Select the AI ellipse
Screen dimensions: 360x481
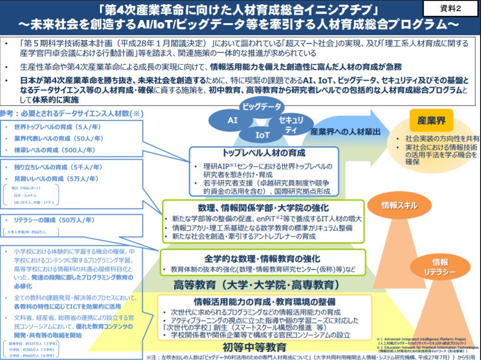pyautogui.click(x=232, y=120)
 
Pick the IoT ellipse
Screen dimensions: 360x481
pyautogui.click(x=262, y=135)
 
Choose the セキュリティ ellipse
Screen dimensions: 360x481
pyautogui.click(x=291, y=124)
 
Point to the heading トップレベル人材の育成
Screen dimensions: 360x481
pyautogui.click(x=264, y=153)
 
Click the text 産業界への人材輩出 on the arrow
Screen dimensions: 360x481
pyautogui.click(x=345, y=131)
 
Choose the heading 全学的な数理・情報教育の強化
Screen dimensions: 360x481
pyautogui.click(x=262, y=258)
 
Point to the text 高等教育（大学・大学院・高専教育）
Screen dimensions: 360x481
pyautogui.click(x=257, y=284)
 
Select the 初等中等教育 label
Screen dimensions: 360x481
pyautogui.click(x=255, y=347)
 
